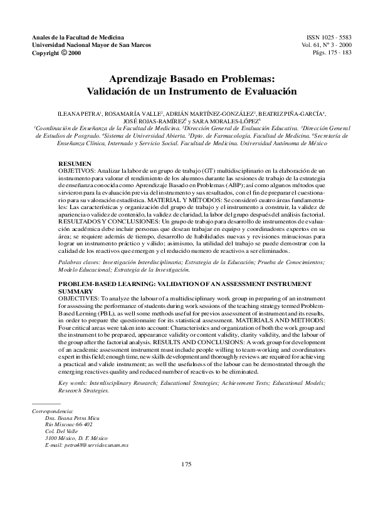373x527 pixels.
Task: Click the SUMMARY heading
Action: (73, 292)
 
